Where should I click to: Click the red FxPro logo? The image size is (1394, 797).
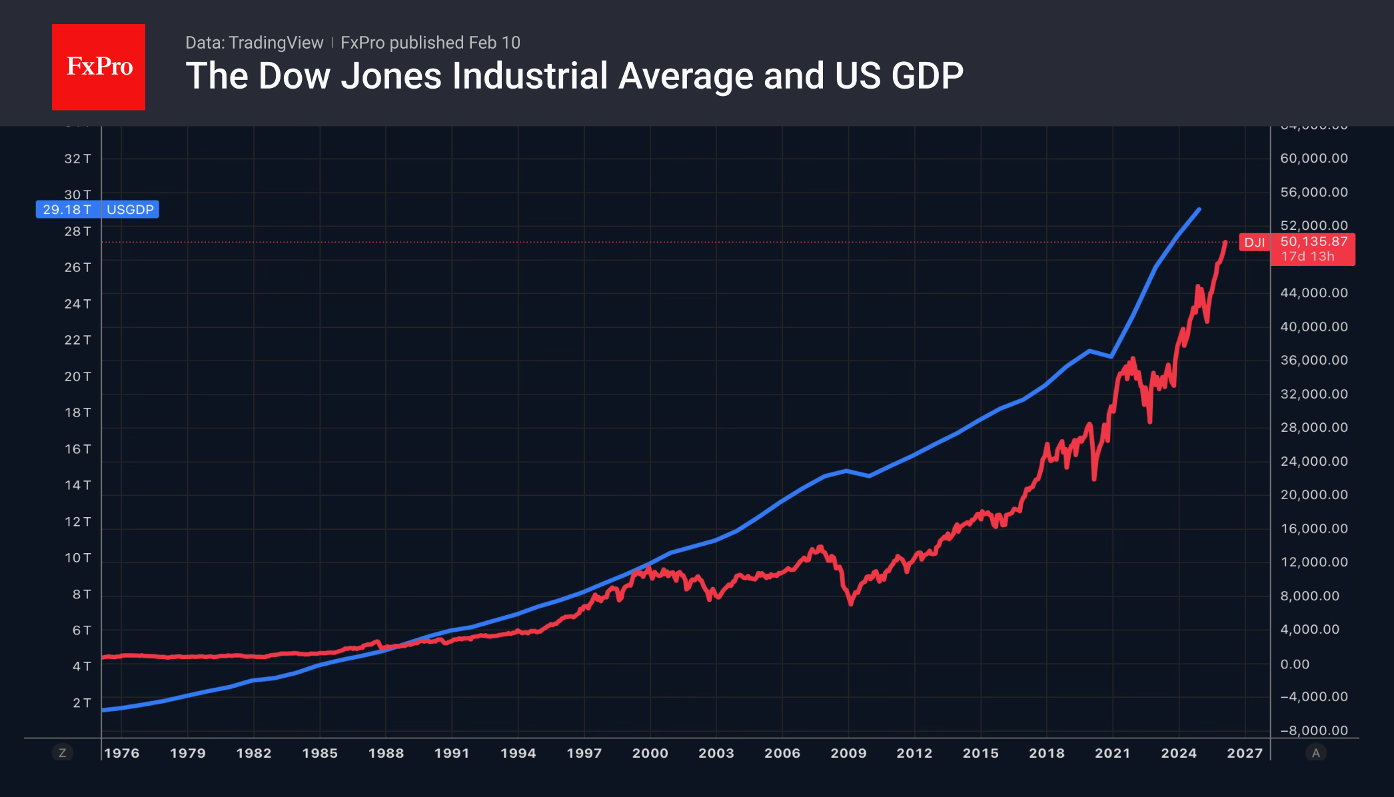[99, 67]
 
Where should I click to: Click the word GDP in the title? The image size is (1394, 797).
[927, 76]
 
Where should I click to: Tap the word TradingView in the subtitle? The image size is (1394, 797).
[275, 43]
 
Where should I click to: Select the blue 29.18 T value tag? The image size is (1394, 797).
[67, 209]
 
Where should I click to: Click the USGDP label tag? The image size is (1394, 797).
[130, 209]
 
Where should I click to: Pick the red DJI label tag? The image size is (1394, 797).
[1254, 243]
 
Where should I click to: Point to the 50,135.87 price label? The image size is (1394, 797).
[1313, 242]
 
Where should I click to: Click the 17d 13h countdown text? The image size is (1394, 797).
[1307, 257]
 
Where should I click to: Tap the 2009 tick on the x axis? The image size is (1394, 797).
[848, 753]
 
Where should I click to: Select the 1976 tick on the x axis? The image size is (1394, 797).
[122, 753]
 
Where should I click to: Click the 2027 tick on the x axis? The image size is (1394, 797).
[1245, 753]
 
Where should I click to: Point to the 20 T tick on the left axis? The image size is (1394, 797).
[77, 377]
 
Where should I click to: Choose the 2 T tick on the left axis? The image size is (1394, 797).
[81, 703]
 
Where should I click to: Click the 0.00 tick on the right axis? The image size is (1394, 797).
[1295, 664]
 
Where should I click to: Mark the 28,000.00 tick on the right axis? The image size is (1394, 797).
[1313, 427]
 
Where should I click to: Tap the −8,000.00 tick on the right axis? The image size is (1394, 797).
[1313, 730]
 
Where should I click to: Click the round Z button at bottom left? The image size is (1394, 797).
[63, 753]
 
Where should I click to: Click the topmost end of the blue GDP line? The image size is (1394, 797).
[1199, 210]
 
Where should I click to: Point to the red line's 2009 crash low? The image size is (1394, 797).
[851, 603]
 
